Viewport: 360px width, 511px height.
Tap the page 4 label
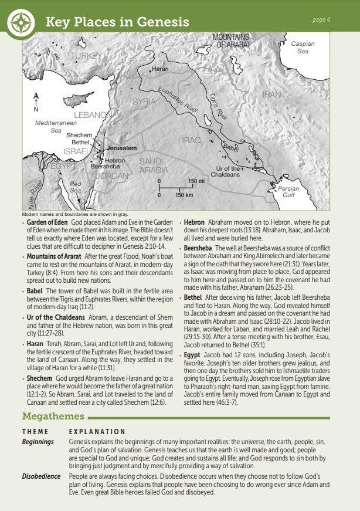pos(321,19)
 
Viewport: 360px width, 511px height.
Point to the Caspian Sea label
pos(303,48)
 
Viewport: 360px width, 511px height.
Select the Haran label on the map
pos(160,69)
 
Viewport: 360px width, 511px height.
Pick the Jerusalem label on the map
pos(121,148)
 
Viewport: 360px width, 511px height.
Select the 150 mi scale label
pos(196,181)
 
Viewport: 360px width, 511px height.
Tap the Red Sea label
pos(76,187)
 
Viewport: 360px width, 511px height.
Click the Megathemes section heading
pos(53,417)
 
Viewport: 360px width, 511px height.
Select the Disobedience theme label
pos(42,476)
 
